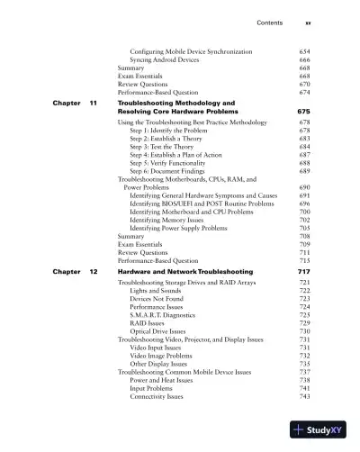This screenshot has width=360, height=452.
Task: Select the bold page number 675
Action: click(x=303, y=112)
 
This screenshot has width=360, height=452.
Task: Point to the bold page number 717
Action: click(x=303, y=271)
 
